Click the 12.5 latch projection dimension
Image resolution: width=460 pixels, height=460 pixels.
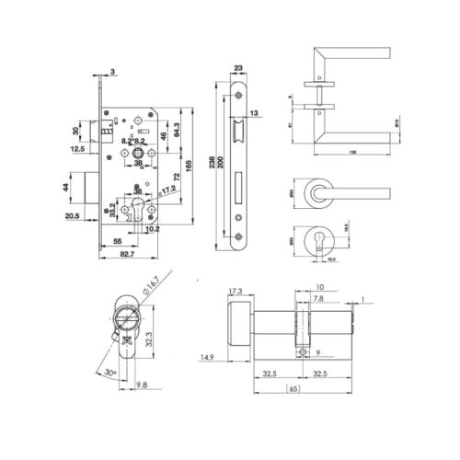click(77, 147)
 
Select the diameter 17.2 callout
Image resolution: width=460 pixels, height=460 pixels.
click(167, 192)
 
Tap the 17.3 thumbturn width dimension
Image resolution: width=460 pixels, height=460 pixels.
click(236, 291)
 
